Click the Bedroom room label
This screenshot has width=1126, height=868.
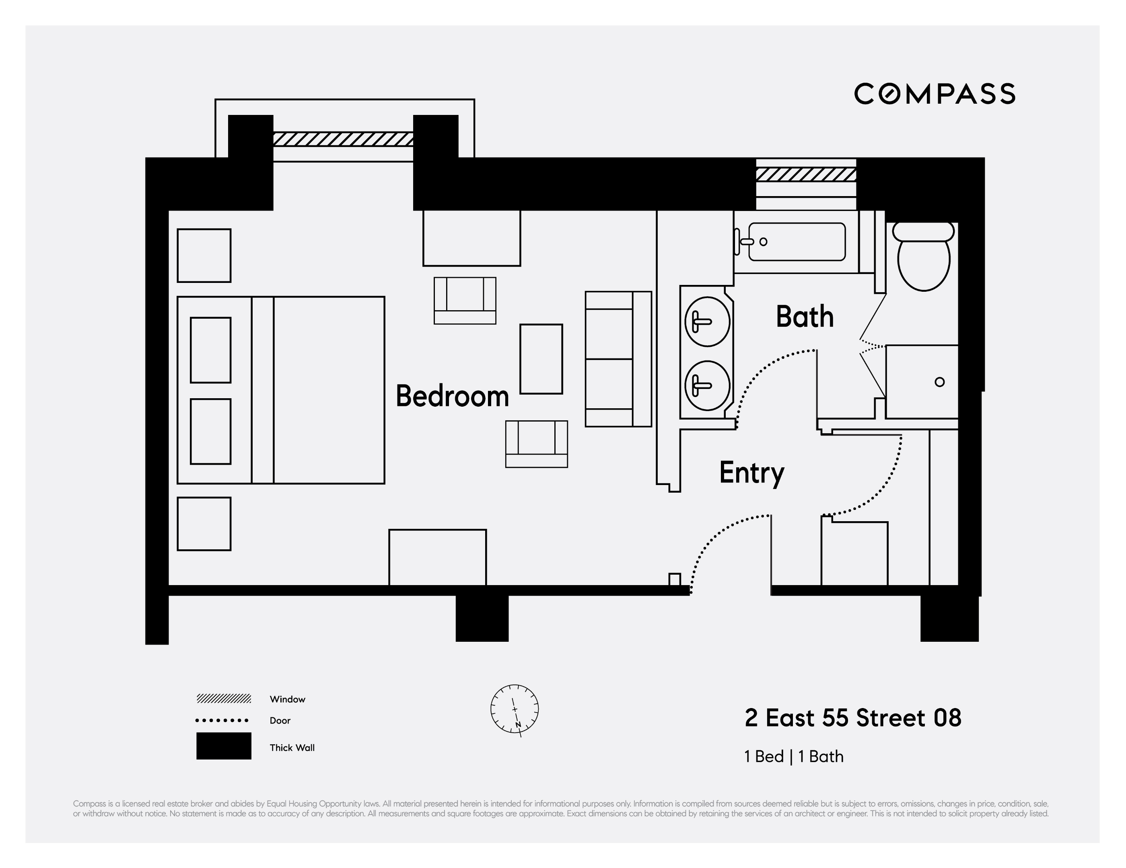(452, 396)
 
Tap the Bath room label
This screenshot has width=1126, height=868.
(804, 316)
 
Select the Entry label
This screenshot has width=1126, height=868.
(751, 473)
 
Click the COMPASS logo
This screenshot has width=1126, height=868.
(934, 94)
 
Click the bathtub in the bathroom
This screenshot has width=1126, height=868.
(797, 242)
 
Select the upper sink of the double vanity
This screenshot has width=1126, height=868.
(707, 321)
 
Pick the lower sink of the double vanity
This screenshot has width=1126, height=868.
(707, 385)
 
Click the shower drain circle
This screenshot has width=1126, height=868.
(939, 382)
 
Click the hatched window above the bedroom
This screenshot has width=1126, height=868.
(343, 139)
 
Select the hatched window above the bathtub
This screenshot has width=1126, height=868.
(806, 175)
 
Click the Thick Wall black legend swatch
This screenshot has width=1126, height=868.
(224, 745)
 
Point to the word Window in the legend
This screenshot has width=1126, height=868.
(287, 699)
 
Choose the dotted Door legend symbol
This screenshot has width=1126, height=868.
(222, 720)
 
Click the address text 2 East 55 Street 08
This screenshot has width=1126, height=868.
(853, 718)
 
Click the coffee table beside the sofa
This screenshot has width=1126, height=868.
(541, 359)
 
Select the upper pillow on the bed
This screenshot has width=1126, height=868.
(210, 350)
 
